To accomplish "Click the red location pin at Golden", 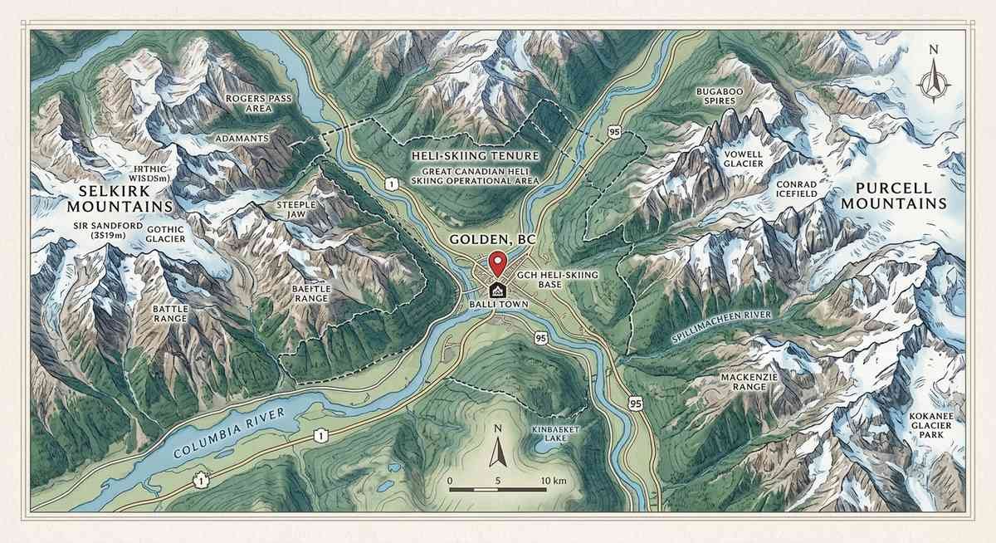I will tap(497, 262).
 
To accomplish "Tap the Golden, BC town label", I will tap(492, 239).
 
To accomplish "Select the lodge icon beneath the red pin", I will tap(497, 290).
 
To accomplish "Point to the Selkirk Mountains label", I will tap(103, 198).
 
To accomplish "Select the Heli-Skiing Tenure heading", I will tap(476, 156).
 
